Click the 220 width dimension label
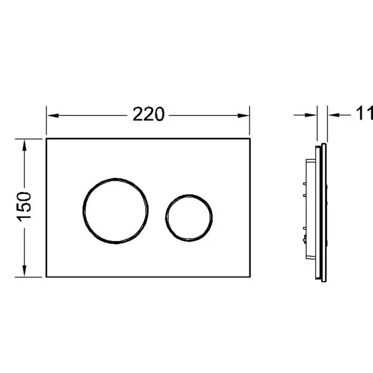pos(149,115)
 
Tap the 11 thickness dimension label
pos(365,114)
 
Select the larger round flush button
pos(116,178)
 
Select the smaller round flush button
pos(189,195)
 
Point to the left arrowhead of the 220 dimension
pos(53,116)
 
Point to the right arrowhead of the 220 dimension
pos(243,116)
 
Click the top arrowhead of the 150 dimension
pos(24,145)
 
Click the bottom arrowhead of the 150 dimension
pos(24,271)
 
